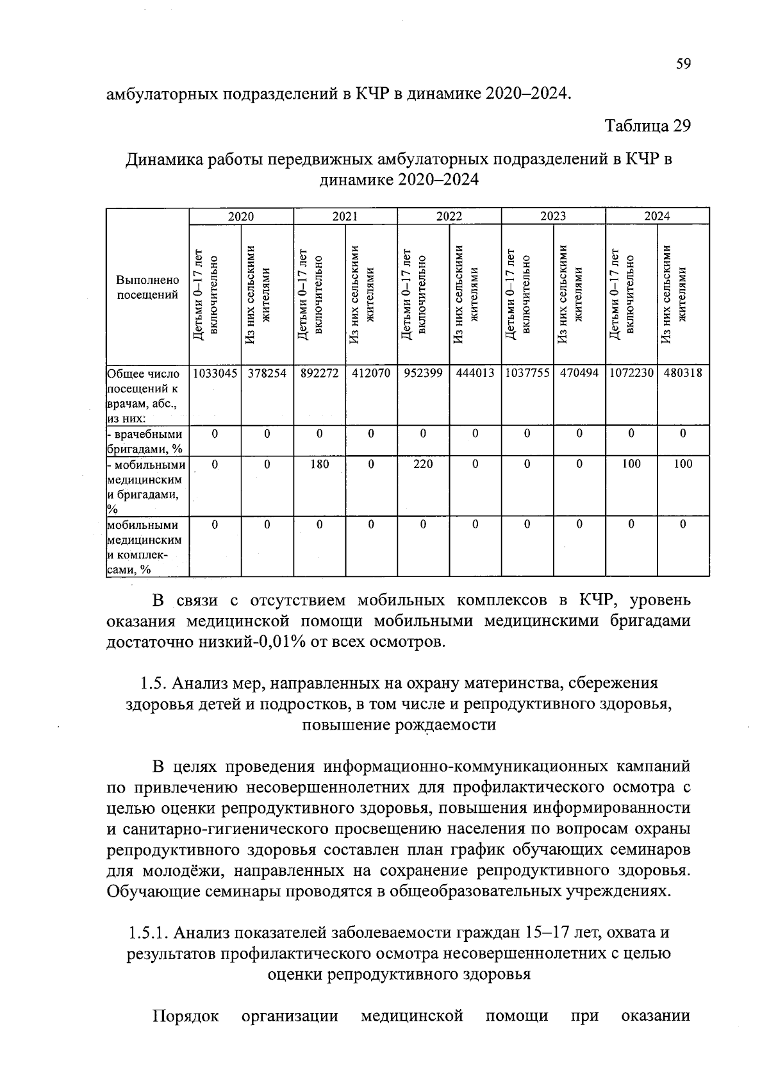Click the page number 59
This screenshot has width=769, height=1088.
[683, 64]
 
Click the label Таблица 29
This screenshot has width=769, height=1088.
[648, 126]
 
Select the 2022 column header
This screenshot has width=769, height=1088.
[449, 216]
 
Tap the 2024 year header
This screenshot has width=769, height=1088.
[657, 216]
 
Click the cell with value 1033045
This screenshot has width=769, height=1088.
[215, 372]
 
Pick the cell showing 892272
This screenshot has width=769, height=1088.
[319, 372]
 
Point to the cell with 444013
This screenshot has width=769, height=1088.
[475, 372]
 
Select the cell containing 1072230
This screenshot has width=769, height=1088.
[631, 372]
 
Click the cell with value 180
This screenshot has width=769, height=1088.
[319, 464]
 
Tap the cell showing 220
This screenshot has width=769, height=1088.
[423, 464]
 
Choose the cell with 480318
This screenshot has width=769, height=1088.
[683, 372]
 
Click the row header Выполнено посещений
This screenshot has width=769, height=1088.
[147, 287]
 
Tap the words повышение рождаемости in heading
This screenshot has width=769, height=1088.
[399, 724]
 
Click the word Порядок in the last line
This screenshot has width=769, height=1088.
[186, 1016]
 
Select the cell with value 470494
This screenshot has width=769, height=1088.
[579, 372]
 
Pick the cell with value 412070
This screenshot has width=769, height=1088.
[371, 372]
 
